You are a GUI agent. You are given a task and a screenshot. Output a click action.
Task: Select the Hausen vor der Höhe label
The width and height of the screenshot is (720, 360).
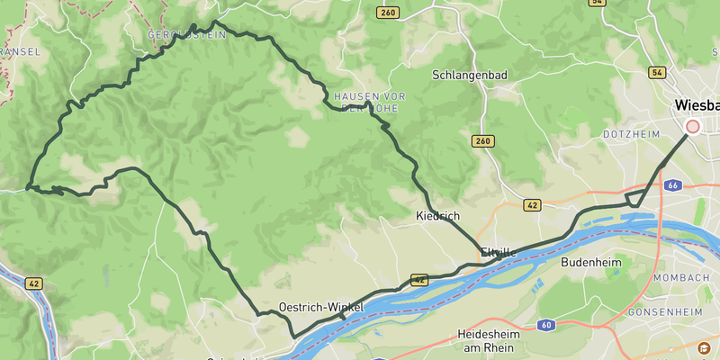pyautogui.click(x=369, y=101)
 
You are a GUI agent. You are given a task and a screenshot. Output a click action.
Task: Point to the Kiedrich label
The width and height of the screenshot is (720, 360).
pyautogui.click(x=438, y=216)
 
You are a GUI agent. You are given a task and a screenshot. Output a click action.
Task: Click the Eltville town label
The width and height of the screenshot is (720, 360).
pyautogui.click(x=499, y=252)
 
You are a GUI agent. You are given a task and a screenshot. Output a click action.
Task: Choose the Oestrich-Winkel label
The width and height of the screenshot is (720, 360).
pyautogui.click(x=321, y=307)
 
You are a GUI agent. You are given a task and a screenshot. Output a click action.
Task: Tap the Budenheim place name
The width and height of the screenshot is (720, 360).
pyautogui.click(x=591, y=263)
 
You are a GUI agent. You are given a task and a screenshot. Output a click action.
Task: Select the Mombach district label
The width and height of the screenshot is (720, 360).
pyautogui.click(x=687, y=277)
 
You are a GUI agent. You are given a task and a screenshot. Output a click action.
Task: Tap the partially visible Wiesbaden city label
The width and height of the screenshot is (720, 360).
pyautogui.click(x=697, y=106)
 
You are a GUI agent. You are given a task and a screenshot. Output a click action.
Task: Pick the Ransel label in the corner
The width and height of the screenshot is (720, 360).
pyautogui.click(x=20, y=52)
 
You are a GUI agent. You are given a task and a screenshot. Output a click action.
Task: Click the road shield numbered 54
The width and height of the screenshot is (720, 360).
pyautogui.click(x=656, y=72)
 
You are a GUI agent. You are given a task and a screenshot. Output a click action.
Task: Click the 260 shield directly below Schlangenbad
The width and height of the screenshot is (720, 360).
pyautogui.click(x=483, y=141)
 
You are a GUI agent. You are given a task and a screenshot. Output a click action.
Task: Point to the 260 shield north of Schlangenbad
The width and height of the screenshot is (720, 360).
pyautogui.click(x=389, y=13)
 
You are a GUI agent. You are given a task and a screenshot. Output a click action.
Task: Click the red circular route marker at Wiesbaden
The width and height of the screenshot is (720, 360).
pyautogui.click(x=692, y=127)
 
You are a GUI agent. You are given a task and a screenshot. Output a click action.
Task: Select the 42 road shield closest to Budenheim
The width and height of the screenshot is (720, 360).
pyautogui.click(x=533, y=205)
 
